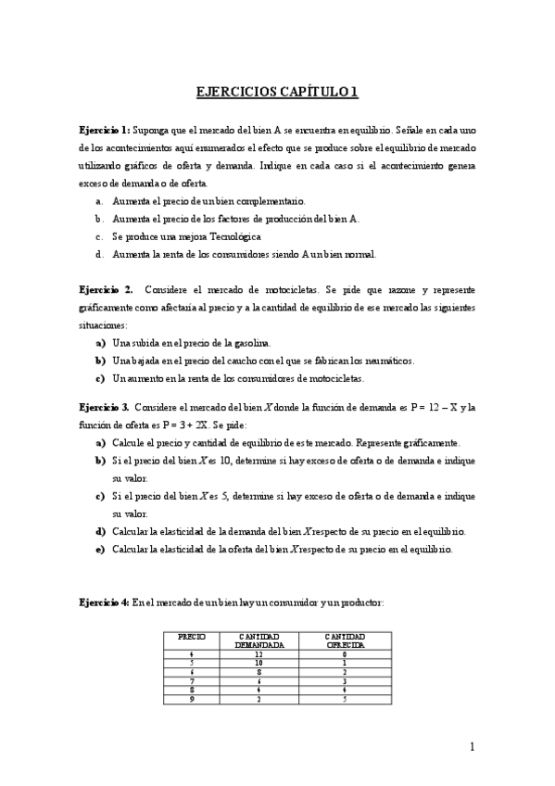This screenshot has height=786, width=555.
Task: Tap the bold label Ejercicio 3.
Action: click(106, 407)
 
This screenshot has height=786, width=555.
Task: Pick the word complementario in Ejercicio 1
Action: click(278, 201)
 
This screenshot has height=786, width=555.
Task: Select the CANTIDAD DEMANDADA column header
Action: click(259, 640)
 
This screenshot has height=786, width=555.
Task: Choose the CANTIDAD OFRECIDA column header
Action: click(344, 640)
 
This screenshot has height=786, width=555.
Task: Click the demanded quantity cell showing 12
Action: click(259, 653)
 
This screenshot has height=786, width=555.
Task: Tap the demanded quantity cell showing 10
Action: click(259, 663)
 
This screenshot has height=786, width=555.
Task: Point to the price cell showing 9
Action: click(191, 698)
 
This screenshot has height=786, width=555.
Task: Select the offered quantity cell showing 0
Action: click(344, 653)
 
